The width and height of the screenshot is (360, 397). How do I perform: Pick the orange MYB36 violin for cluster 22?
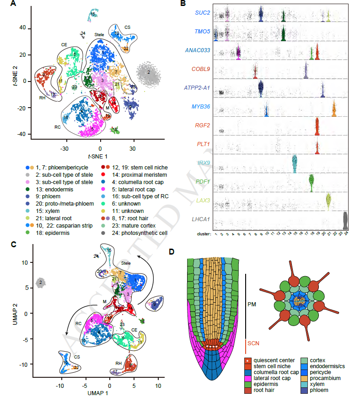pyautogui.click(x=334, y=109)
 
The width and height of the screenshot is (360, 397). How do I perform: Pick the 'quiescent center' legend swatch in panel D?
pyautogui.click(x=247, y=361)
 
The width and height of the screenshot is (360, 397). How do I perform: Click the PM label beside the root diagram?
pyautogui.click(x=252, y=304)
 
